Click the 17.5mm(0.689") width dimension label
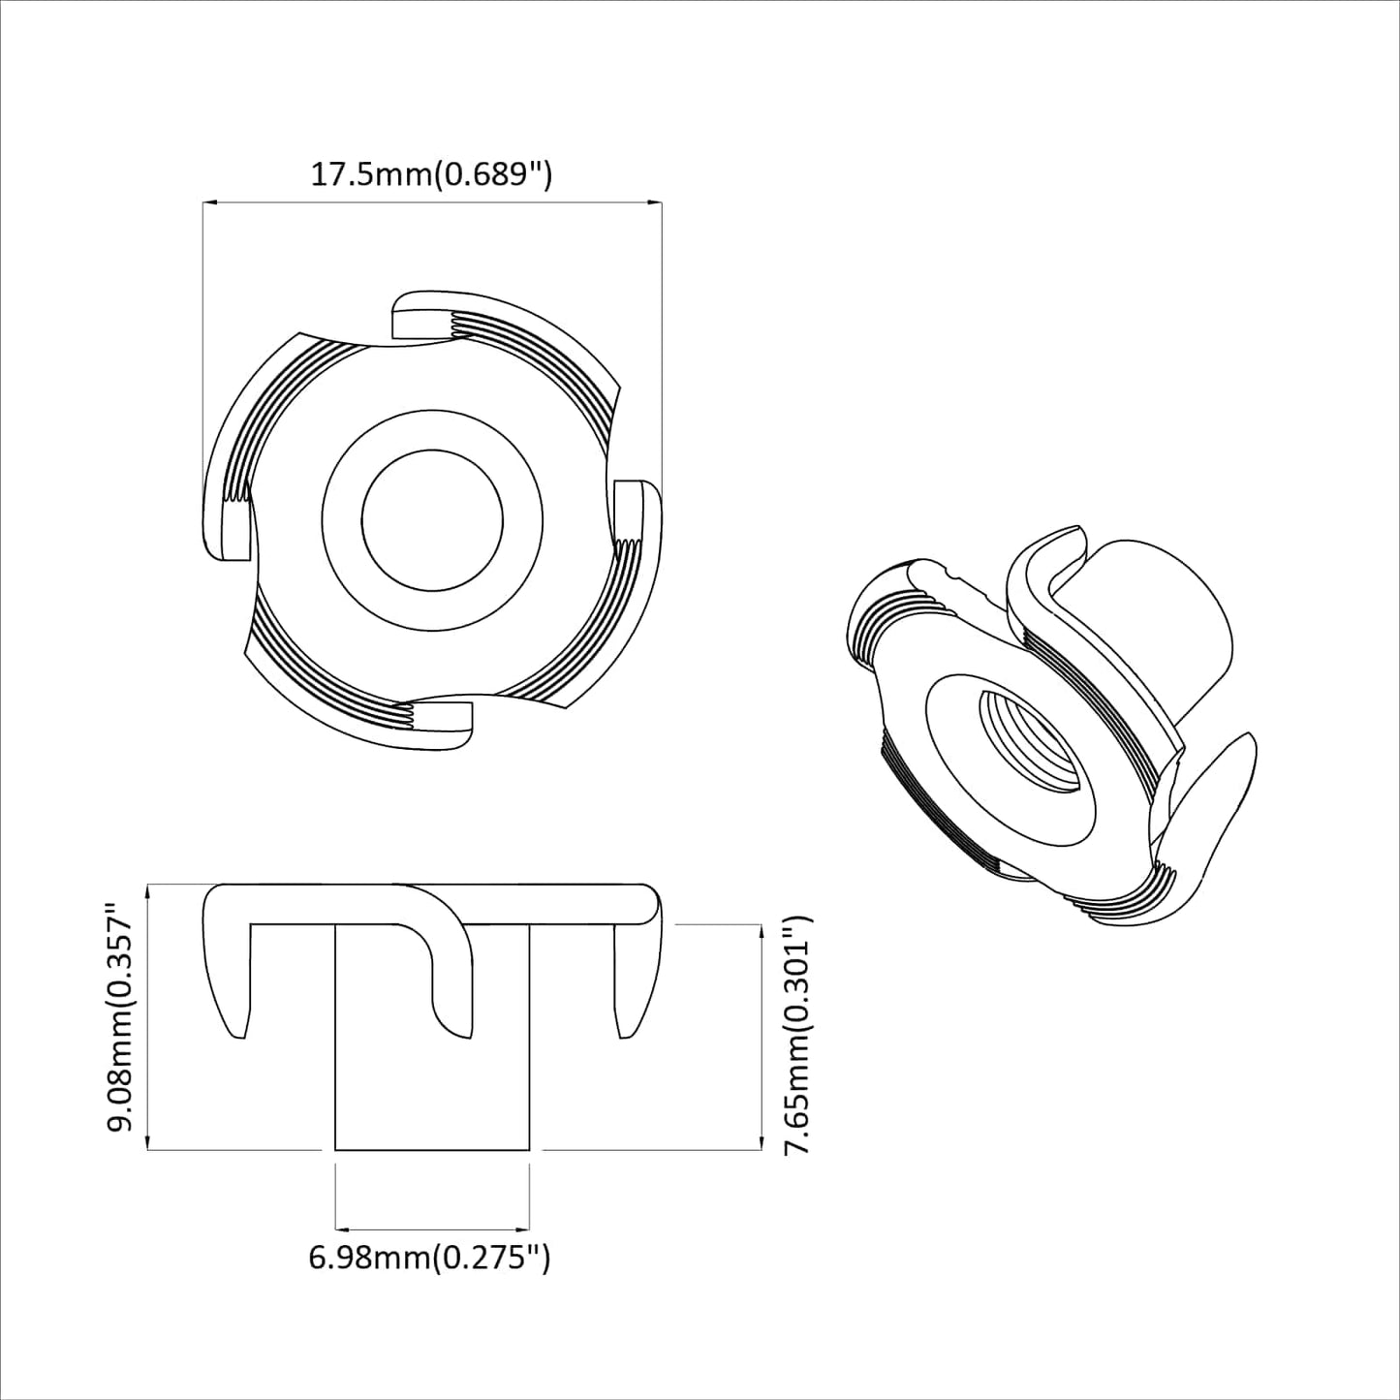pos(430,174)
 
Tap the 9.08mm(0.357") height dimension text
pos(123,1017)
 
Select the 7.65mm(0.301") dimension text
pos(796,1036)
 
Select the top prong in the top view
pos(426,320)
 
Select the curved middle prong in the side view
pos(451,1008)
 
